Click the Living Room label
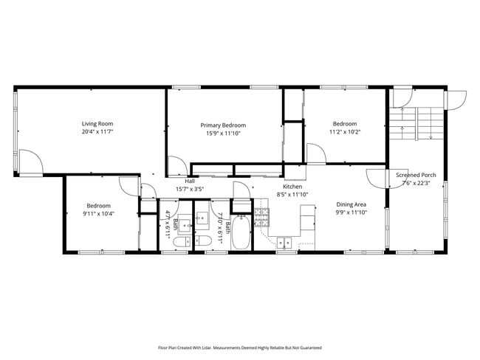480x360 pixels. click(97, 123)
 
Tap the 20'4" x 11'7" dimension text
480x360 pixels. click(97, 131)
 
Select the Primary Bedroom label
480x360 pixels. click(223, 125)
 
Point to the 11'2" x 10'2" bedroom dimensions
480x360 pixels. click(344, 131)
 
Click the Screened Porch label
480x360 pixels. click(416, 175)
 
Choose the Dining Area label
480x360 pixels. click(352, 204)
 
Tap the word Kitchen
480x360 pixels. click(292, 187)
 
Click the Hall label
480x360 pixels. click(190, 181)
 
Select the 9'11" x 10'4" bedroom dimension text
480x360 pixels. click(98, 213)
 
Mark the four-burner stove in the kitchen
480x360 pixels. click(261, 215)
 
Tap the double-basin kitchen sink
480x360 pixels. click(285, 241)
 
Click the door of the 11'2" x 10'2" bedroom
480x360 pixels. click(316, 153)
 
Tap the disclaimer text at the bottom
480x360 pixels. click(239, 346)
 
